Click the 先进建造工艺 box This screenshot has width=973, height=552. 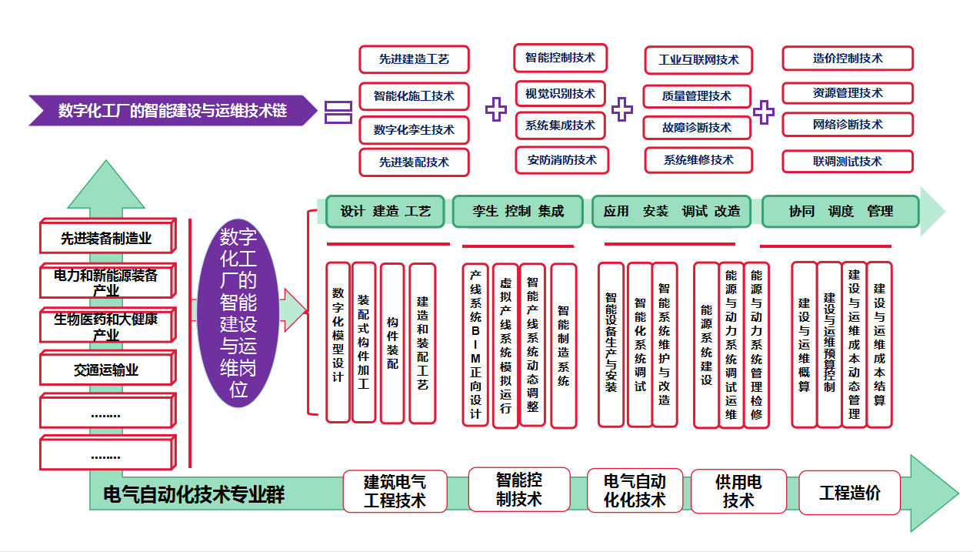tap(414, 59)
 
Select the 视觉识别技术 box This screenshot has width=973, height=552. tap(560, 94)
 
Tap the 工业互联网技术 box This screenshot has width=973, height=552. tap(698, 60)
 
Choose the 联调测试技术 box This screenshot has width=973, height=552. tap(848, 162)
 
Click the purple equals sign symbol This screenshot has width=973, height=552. tap(338, 112)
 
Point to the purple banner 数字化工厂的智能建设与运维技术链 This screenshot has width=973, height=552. tap(172, 111)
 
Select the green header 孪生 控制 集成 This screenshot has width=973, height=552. tap(518, 211)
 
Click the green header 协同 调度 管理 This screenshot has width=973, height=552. tap(841, 211)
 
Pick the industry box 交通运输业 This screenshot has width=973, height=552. tap(107, 370)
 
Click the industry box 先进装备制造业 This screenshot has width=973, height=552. tap(107, 239)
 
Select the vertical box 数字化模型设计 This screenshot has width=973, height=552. tap(338, 343)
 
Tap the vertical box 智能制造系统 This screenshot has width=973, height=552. tap(563, 346)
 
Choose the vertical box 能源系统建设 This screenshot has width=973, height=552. tap(706, 345)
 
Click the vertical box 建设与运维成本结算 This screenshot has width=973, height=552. tap(879, 344)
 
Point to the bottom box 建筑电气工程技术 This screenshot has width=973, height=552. tap(395, 491)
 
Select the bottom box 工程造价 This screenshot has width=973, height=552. tap(849, 493)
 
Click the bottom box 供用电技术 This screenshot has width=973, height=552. tap(738, 491)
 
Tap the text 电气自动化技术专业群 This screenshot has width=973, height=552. tap(193, 494)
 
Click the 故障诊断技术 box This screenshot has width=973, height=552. tap(697, 128)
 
